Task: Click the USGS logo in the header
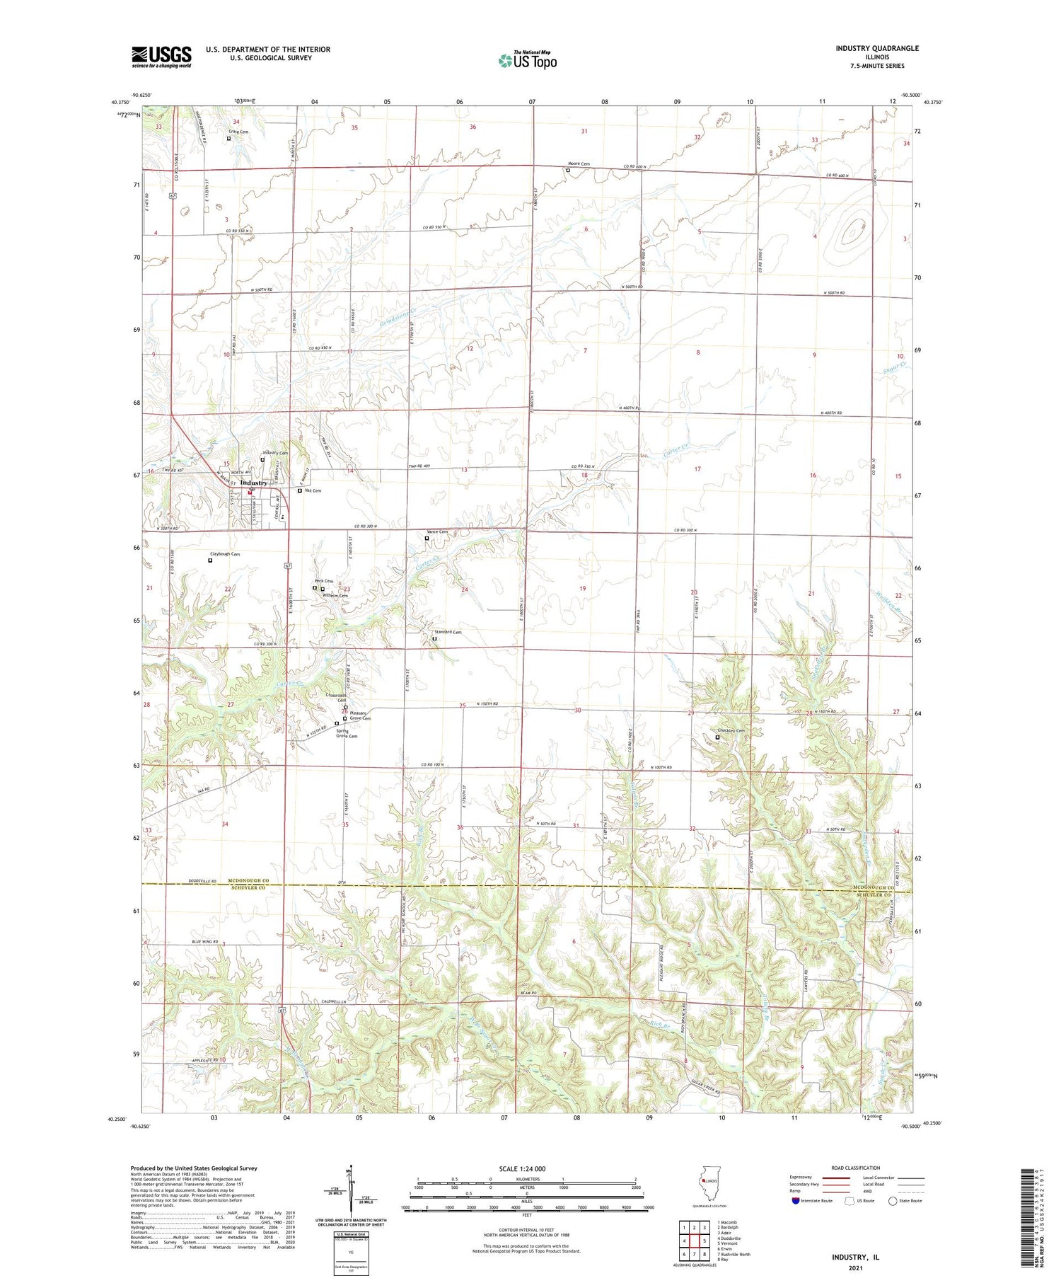tap(161, 57)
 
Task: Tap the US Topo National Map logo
tap(527, 60)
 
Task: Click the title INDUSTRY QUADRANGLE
tap(877, 48)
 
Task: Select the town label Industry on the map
tap(254, 483)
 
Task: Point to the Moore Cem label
tap(579, 164)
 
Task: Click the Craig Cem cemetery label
tap(238, 132)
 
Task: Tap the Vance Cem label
tap(437, 532)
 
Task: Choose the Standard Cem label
tap(447, 632)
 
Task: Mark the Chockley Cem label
tap(731, 731)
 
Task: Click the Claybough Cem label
tap(225, 554)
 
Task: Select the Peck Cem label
tap(323, 581)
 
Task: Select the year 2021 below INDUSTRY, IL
tap(857, 1267)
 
